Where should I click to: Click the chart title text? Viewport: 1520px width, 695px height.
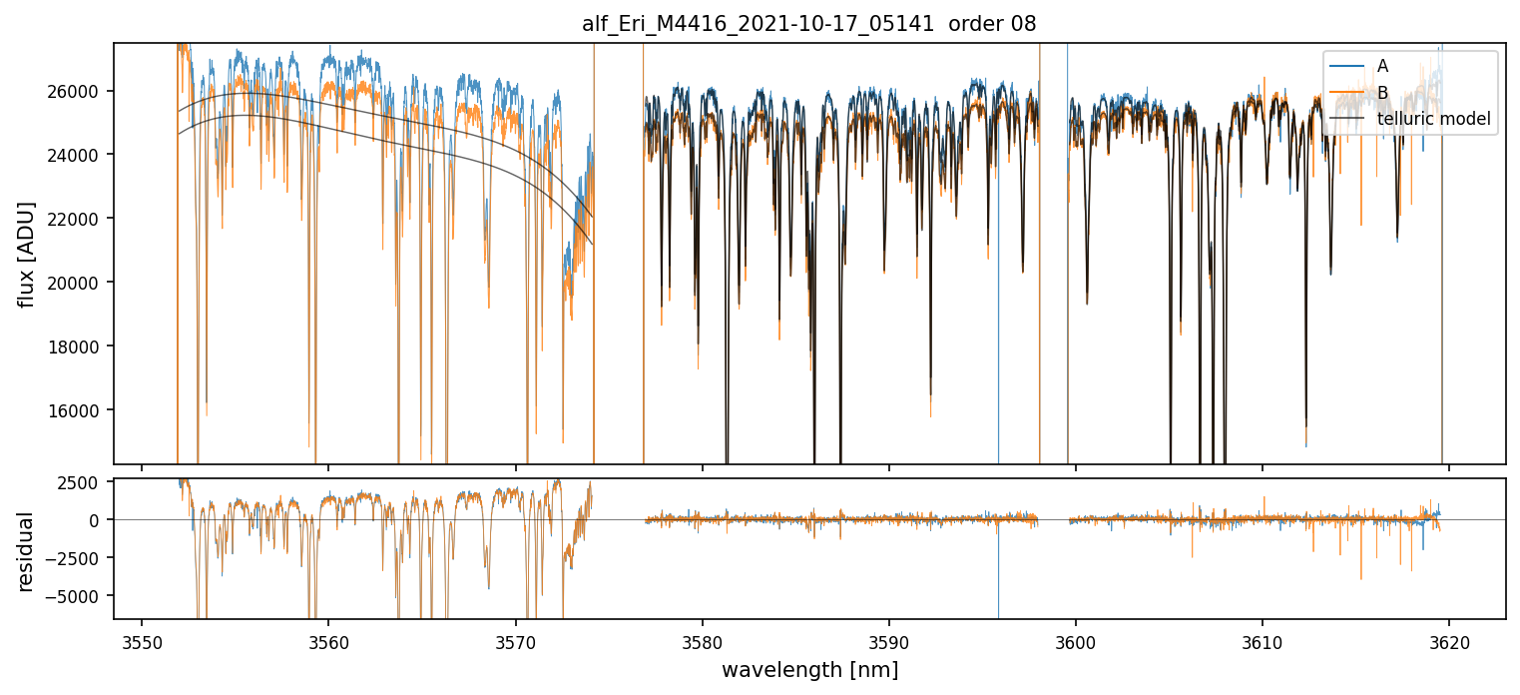(808, 24)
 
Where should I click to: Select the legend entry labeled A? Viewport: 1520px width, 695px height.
(1382, 66)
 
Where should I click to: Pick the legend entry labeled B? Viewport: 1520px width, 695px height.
(1382, 93)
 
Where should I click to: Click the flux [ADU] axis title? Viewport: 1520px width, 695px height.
(27, 254)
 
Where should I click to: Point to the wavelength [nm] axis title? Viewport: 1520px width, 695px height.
(809, 670)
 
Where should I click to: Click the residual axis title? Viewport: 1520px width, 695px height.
(27, 551)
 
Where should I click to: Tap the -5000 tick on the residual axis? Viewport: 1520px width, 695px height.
(79, 596)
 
